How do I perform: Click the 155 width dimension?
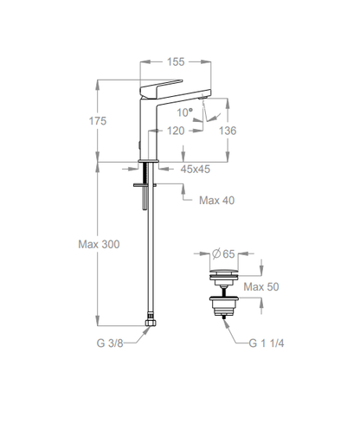click(x=176, y=61)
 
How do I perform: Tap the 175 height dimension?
click(x=98, y=121)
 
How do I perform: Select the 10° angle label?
click(x=185, y=112)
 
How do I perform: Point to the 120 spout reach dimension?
click(x=176, y=131)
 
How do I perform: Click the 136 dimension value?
click(x=228, y=131)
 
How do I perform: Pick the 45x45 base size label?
click(x=196, y=169)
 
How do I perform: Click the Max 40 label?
click(x=216, y=200)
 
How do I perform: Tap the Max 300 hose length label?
click(x=99, y=244)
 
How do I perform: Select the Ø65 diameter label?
click(x=223, y=253)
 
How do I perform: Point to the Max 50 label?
click(x=261, y=286)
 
